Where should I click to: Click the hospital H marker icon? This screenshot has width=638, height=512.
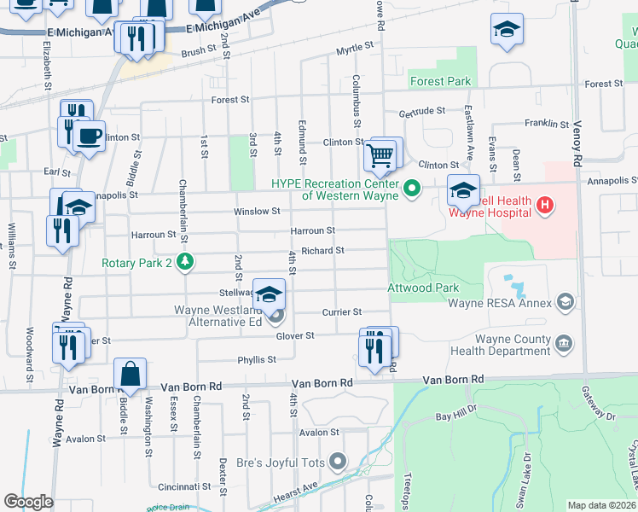[543, 206]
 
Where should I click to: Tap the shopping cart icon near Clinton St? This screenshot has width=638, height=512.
[379, 156]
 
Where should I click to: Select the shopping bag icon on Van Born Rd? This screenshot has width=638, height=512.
[129, 375]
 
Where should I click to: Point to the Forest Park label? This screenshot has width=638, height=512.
[440, 82]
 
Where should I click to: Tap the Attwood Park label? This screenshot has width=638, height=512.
[424, 288]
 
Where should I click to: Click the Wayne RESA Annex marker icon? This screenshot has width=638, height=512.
[564, 301]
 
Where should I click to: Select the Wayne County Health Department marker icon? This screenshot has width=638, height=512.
[563, 343]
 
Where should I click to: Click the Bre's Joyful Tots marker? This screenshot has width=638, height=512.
[338, 463]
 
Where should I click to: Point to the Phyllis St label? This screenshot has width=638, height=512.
[257, 359]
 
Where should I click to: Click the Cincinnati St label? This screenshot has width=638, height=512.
[178, 486]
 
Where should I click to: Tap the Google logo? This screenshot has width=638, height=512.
[28, 501]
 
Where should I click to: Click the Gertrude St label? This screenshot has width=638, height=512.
[422, 111]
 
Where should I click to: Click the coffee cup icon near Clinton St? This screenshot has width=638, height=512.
[89, 136]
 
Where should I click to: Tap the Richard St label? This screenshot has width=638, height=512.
[322, 251]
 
